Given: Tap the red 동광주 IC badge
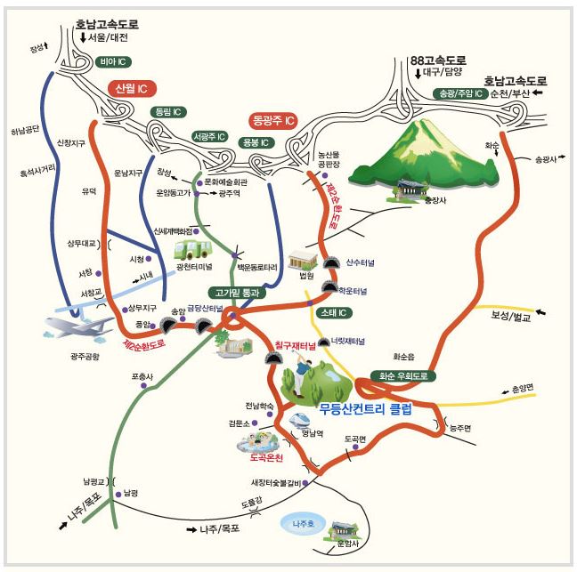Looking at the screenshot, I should coord(272,118).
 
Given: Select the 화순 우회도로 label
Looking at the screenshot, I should coord(403,376).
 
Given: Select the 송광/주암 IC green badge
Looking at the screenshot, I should coord(460,93).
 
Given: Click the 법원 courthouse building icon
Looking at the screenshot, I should coord(303,258).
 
